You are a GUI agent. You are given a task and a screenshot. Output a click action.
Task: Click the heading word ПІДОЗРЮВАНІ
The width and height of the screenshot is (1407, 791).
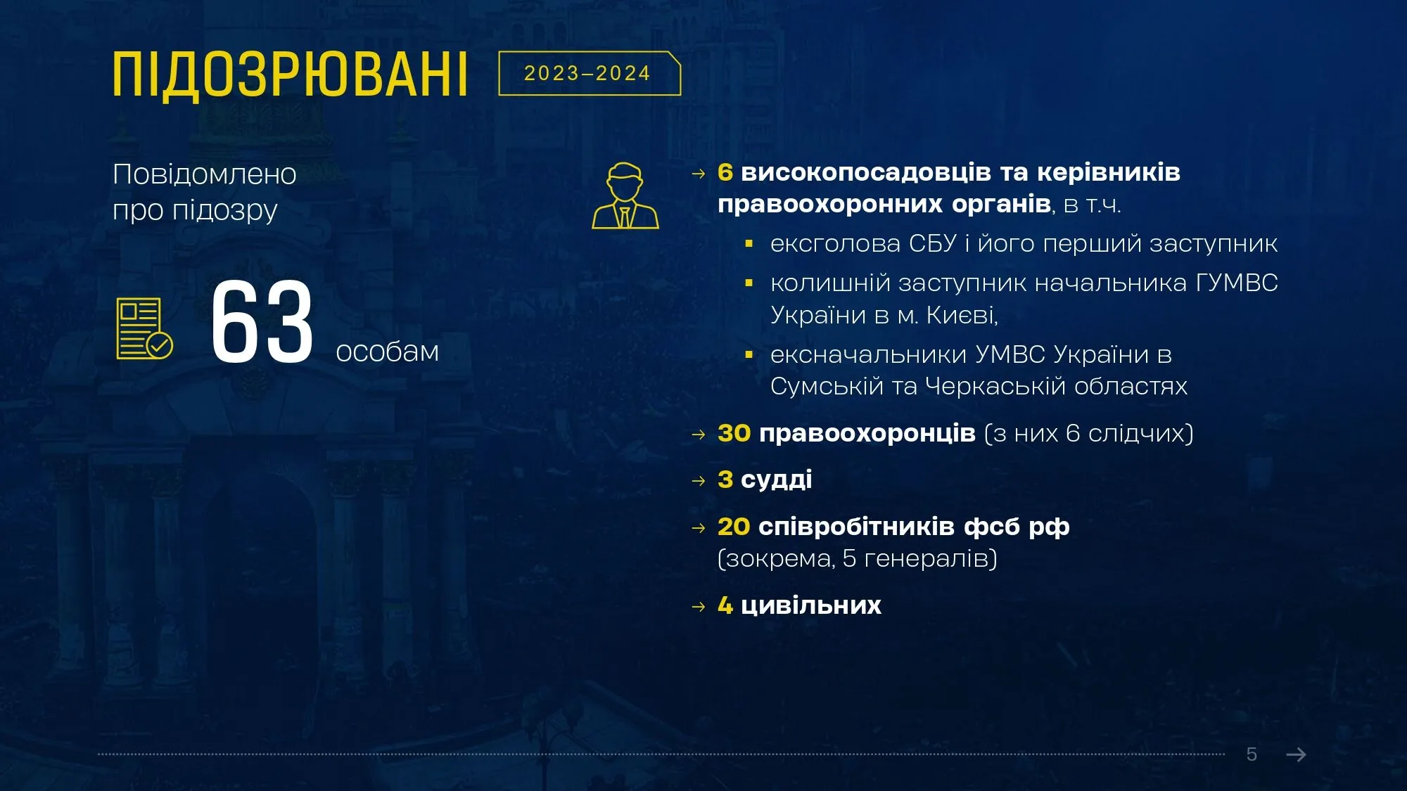pos(290,75)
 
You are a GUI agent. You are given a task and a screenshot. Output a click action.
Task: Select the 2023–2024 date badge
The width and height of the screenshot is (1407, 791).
pos(590,73)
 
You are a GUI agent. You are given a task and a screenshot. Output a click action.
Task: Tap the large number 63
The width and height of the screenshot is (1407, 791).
pos(262,321)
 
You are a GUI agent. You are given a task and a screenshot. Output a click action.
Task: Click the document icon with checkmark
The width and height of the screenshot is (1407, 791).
pos(144,328)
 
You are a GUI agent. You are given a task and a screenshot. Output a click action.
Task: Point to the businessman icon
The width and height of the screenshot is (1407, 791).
pos(625,195)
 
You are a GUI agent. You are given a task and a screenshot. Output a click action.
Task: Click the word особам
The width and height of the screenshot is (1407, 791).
pos(388,352)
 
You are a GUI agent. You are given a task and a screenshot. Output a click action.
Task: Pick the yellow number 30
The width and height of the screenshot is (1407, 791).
pos(734,433)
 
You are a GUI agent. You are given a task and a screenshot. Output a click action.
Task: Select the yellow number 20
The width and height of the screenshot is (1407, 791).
pos(734,527)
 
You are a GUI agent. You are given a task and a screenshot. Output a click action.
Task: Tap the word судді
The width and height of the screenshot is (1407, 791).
pos(777,480)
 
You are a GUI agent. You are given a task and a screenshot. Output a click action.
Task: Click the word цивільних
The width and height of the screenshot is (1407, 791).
pos(811,605)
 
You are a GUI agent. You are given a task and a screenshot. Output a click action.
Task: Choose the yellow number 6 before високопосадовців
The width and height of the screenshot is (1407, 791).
pos(725,172)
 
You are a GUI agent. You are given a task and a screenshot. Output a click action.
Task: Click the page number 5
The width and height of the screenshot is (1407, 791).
pos(1252,754)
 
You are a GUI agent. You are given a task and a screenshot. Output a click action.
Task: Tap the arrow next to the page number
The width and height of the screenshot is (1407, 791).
pos(1296,754)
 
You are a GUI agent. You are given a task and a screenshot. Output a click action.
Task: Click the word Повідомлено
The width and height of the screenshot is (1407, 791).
pos(205,174)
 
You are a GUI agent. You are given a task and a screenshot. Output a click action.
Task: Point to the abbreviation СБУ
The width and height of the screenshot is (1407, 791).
pos(933,243)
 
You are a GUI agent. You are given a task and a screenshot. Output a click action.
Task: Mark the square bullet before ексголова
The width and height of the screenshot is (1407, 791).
pos(749,244)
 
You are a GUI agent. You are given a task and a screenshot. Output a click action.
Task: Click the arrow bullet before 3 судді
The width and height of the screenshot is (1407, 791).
pos(699,481)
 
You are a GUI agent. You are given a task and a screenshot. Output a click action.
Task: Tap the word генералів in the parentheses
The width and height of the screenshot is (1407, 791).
pos(927,559)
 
